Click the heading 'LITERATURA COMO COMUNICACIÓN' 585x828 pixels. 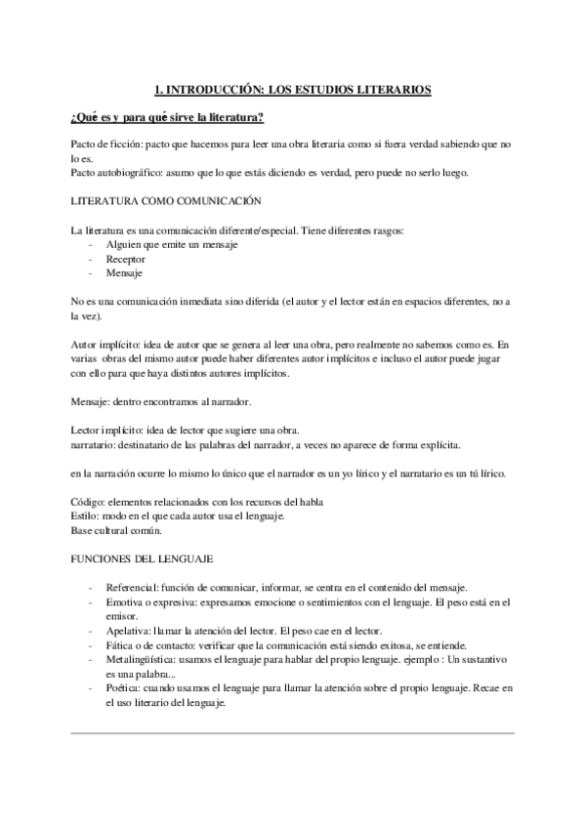point(166,201)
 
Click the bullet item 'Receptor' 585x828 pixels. point(126,260)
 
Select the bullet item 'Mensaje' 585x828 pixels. point(124,274)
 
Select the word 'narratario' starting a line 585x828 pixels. point(94,446)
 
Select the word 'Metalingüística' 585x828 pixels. point(141,659)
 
